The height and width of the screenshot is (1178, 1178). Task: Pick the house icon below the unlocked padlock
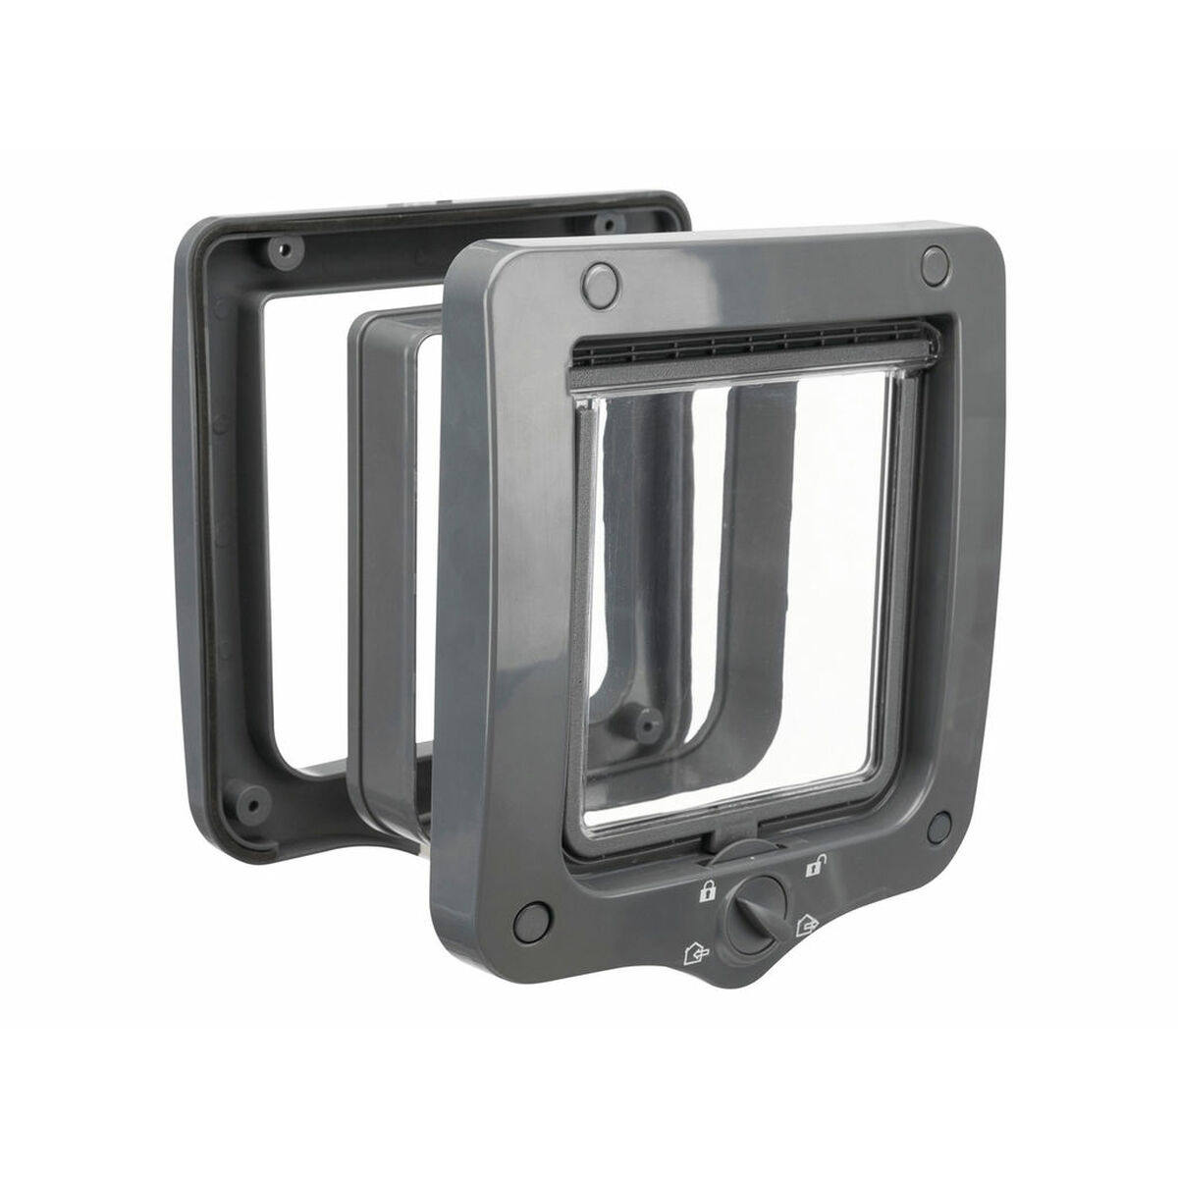(x=807, y=924)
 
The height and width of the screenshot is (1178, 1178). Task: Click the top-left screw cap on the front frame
(x=597, y=281)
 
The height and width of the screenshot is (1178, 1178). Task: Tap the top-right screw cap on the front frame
(x=936, y=261)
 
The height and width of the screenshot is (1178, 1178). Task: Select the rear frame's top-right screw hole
(x=611, y=218)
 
